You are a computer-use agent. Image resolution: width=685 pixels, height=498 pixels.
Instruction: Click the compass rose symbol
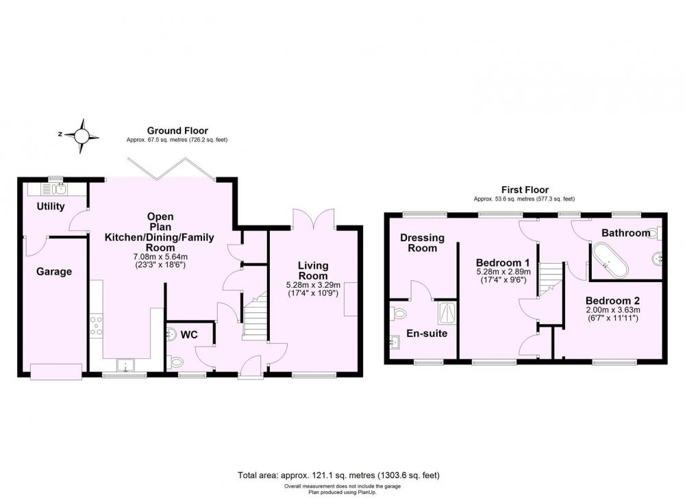[82, 136]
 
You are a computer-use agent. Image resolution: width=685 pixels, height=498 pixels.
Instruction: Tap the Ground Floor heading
[177, 131]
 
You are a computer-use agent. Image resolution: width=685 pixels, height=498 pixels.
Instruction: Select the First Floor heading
[525, 190]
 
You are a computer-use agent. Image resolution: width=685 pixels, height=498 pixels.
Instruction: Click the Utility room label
[51, 206]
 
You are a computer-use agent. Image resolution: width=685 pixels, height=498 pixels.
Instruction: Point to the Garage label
[54, 272]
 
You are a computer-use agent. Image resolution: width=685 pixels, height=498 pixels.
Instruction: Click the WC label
[189, 334]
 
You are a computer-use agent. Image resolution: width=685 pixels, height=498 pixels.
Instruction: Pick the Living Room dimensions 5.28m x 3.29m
[313, 285]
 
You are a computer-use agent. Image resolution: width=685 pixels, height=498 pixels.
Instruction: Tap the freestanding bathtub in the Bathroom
[610, 261]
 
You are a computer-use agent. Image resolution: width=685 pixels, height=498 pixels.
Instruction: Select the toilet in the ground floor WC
[175, 362]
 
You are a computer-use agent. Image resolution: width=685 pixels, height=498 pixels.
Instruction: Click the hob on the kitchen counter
[96, 326]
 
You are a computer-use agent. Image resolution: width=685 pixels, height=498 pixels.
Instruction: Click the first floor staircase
[550, 279]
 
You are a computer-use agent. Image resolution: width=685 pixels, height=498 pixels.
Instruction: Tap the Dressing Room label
[422, 243]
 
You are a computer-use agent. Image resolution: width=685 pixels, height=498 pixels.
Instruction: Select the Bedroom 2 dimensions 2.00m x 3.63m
[612, 310]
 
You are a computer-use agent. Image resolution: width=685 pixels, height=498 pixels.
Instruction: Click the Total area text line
[338, 475]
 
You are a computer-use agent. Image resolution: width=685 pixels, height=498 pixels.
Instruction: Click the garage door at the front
[56, 372]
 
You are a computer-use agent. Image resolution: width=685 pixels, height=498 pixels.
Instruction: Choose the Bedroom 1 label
[503, 262]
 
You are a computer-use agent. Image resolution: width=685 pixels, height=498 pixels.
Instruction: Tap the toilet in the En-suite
[399, 313]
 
